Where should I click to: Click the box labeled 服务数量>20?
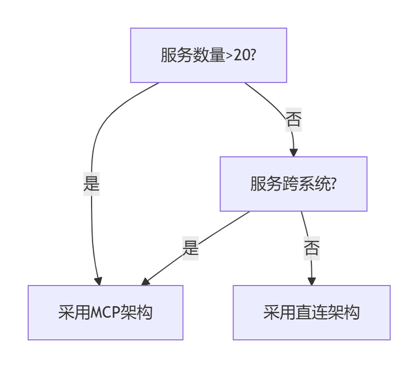click(208, 55)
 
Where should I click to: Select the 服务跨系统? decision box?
click(293, 184)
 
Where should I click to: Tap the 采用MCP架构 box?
click(105, 312)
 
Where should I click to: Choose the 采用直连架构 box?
click(311, 312)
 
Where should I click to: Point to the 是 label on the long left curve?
click(92, 185)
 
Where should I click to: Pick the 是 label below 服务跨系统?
click(190, 248)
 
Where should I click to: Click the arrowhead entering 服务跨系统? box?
click(294, 152)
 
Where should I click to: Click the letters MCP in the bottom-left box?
click(106, 312)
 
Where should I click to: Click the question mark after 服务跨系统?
click(333, 185)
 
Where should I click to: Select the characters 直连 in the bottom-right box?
click(311, 312)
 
